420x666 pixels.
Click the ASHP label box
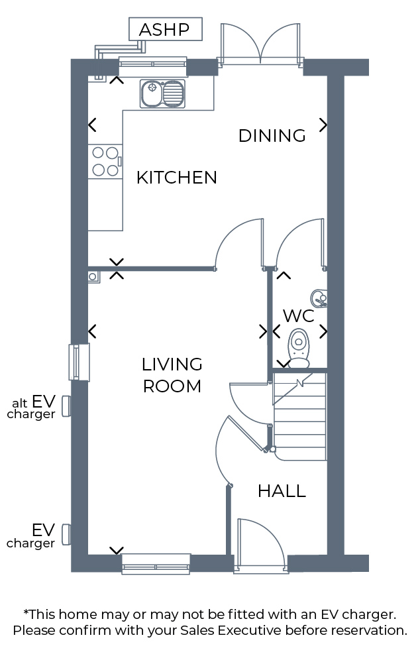(x=165, y=29)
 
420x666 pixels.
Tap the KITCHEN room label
(x=177, y=178)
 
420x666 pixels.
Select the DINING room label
(x=272, y=136)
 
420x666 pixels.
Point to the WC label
(x=299, y=316)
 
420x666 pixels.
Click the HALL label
(x=282, y=491)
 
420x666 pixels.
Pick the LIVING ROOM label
(x=172, y=376)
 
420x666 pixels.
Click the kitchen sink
(x=163, y=93)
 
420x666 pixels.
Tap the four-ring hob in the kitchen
(x=105, y=162)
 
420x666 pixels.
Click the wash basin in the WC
(x=319, y=299)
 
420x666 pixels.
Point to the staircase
(x=299, y=416)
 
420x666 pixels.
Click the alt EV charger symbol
(x=66, y=406)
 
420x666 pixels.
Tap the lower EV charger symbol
(x=66, y=534)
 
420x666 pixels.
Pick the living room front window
(x=156, y=564)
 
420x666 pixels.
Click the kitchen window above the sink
(x=152, y=62)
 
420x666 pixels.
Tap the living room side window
(x=79, y=362)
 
